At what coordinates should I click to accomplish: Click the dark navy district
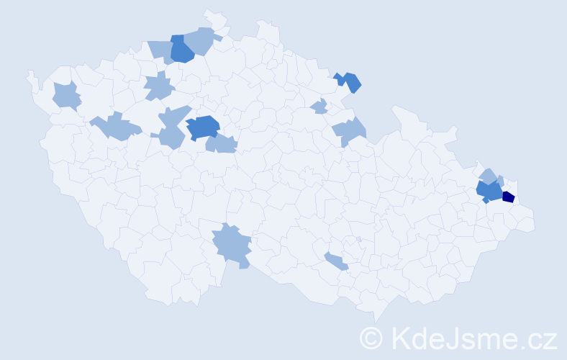point(508,197)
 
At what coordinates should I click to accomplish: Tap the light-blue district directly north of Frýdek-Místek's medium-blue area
point(489,176)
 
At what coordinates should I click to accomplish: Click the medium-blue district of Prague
point(204,127)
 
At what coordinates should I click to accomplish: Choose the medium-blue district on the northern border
point(181,49)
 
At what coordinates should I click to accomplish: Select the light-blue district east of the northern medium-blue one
point(201,40)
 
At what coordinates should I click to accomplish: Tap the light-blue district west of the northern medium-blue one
point(160,51)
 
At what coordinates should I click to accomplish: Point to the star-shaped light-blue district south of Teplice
point(158,87)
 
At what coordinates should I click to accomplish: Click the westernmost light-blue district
point(66,95)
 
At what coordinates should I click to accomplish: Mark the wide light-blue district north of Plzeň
point(115,127)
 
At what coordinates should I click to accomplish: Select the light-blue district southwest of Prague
point(172,137)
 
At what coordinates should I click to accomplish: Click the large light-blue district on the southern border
point(232,246)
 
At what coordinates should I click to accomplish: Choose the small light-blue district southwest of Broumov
point(319,107)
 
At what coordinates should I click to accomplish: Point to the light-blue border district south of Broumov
point(350,130)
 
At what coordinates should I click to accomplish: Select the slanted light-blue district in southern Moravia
point(336,261)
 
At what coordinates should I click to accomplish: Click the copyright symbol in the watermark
point(371,338)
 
